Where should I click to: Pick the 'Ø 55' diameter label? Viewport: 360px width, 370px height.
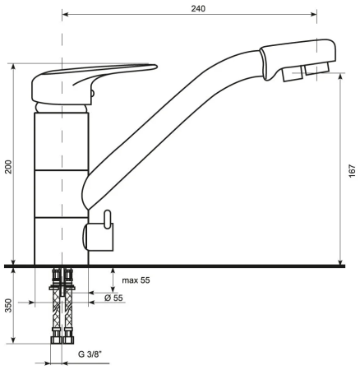(x=115, y=297)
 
